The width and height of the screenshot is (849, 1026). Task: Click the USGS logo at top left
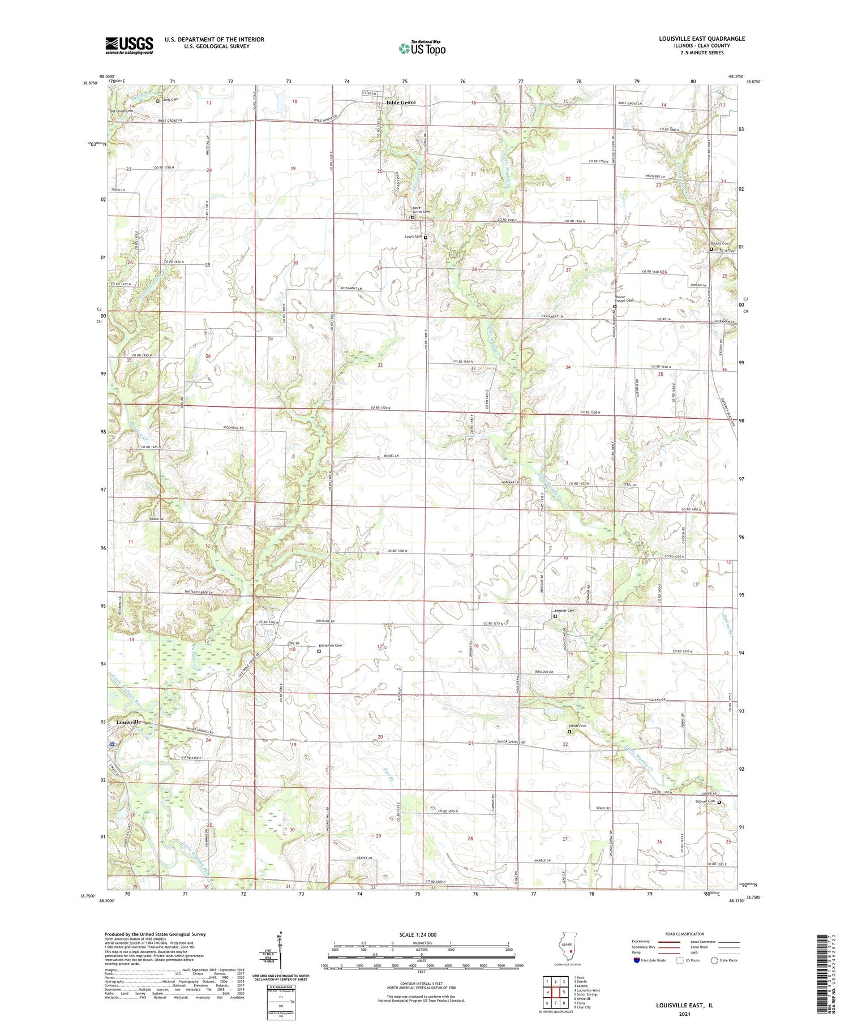tap(129, 45)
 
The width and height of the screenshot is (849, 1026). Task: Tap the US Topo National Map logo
tap(422, 48)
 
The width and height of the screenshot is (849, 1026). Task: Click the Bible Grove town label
tap(401, 102)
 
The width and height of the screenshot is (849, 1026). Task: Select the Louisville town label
tap(128, 722)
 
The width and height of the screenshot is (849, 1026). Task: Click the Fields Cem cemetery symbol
tap(569, 732)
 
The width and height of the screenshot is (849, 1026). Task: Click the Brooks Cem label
tap(720, 243)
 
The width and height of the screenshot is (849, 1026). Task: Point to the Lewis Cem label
tap(413, 237)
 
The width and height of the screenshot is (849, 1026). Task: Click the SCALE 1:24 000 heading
tap(422, 934)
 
